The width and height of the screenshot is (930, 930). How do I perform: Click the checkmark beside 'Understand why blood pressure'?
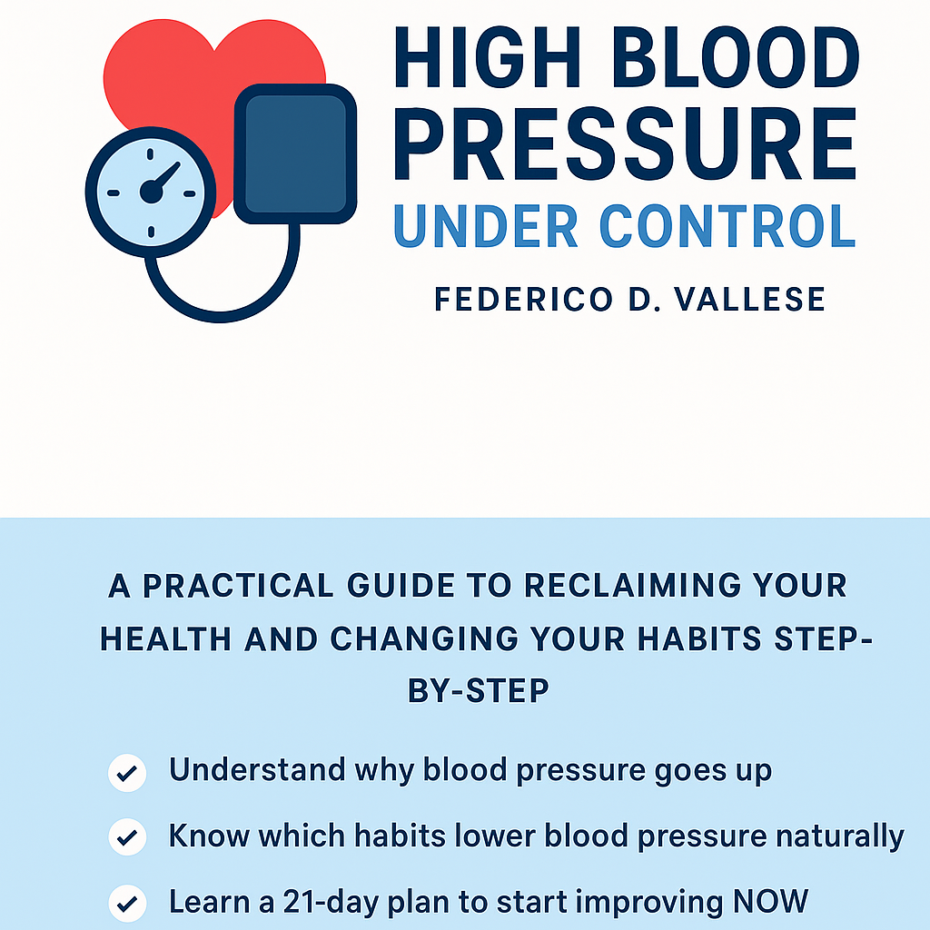click(x=127, y=774)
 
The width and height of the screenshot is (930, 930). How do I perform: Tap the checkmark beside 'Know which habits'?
click(x=127, y=836)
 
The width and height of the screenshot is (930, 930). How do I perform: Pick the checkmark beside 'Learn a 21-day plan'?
click(x=127, y=903)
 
